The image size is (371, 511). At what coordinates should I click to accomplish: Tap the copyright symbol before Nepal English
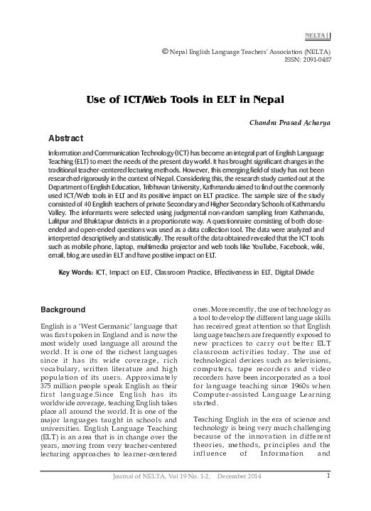166,51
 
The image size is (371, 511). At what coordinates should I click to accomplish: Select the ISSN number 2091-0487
316,60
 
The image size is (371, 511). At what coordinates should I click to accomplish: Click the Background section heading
63,311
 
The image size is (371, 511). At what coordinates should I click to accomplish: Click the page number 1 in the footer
328,495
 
